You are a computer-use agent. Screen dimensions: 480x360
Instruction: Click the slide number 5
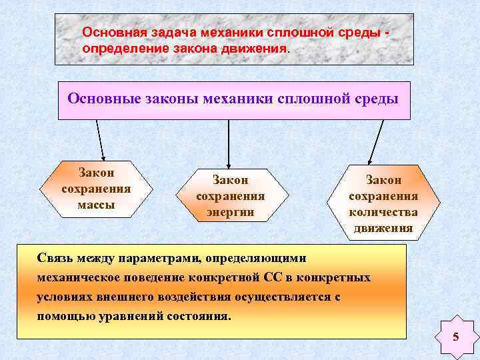click(456, 337)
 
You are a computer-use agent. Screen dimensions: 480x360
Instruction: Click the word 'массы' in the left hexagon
click(96, 205)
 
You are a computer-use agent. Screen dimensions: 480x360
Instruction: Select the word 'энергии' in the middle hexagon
click(231, 213)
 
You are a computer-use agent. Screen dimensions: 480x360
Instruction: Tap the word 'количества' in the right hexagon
click(383, 212)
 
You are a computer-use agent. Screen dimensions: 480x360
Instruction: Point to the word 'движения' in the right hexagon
click(383, 229)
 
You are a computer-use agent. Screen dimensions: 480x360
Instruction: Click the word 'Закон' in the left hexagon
click(96, 173)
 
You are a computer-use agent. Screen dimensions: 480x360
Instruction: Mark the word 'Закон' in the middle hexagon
click(231, 179)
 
